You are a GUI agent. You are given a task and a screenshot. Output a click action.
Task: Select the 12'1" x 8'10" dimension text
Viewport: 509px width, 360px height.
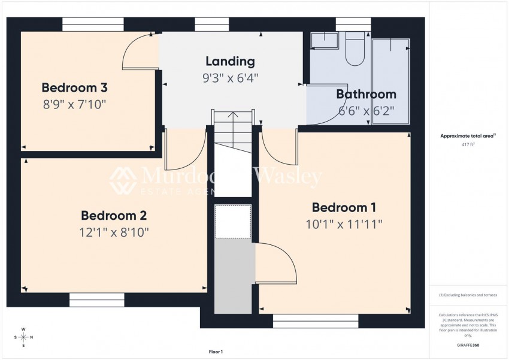pos(114,232)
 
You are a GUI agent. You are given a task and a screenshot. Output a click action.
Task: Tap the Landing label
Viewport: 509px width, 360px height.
pos(230,61)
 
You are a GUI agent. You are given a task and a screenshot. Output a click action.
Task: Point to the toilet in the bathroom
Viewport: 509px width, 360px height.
pos(355,48)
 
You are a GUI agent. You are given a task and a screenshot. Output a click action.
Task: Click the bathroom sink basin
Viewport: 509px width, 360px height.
pos(324,40)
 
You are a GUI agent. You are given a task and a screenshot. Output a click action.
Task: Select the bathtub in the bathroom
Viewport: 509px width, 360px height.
pos(390,81)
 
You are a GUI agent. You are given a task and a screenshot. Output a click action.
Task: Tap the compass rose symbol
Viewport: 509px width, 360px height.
pos(23,337)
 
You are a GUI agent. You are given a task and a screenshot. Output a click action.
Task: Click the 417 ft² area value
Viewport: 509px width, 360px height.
pos(467,144)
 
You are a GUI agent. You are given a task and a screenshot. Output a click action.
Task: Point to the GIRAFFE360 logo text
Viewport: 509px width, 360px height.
pos(467,346)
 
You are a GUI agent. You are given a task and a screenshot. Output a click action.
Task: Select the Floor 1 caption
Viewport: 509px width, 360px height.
pos(216,352)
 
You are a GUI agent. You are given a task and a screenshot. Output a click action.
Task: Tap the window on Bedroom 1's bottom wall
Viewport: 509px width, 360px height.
pos(315,321)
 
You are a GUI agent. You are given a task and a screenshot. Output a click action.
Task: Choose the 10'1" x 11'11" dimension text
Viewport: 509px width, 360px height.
pos(344,224)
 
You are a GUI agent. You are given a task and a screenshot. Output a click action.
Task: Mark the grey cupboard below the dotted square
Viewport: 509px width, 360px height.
pos(233,276)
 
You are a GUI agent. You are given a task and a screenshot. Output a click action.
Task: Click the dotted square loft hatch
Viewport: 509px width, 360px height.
pos(233,222)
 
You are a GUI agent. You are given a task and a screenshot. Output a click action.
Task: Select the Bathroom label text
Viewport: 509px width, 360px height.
pos(366,94)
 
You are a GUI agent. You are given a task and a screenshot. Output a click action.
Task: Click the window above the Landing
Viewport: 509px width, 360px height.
pos(212,25)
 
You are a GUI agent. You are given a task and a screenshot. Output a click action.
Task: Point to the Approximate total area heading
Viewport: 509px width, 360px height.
pos(467,137)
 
